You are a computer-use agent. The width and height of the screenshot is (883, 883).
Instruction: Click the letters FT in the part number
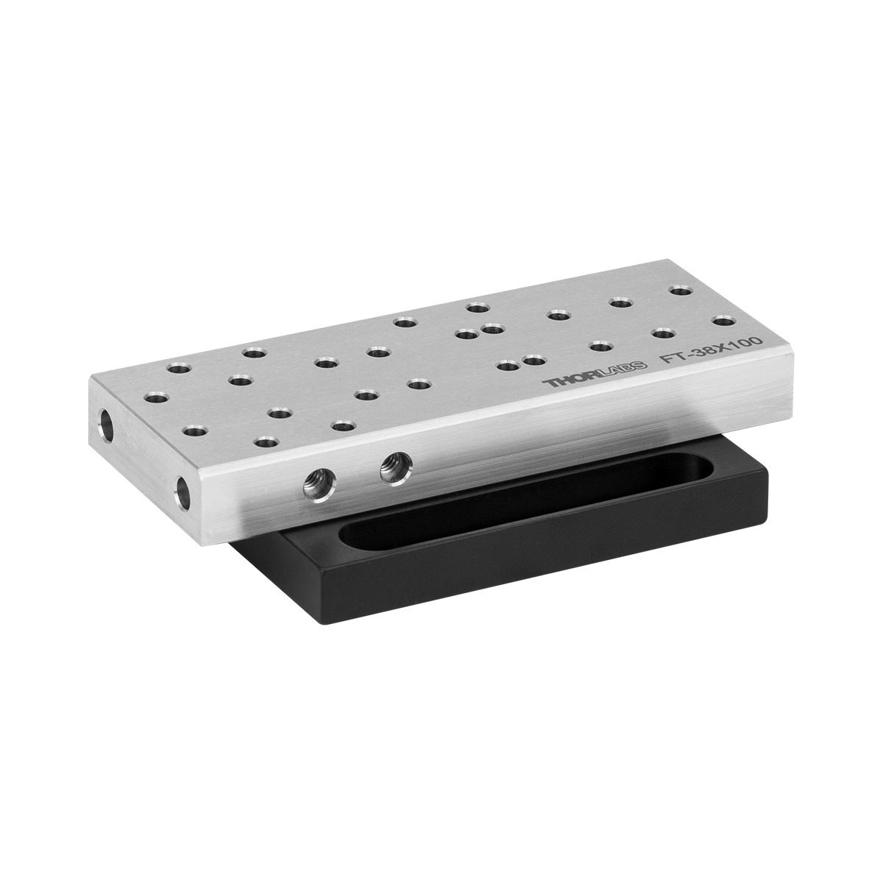(x=670, y=358)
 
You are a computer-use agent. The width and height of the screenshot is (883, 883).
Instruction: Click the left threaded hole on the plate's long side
(x=320, y=486)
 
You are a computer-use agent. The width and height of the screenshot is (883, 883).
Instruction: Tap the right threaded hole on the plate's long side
(x=397, y=467)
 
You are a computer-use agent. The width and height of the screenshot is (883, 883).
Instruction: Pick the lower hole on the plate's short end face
(x=182, y=493)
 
